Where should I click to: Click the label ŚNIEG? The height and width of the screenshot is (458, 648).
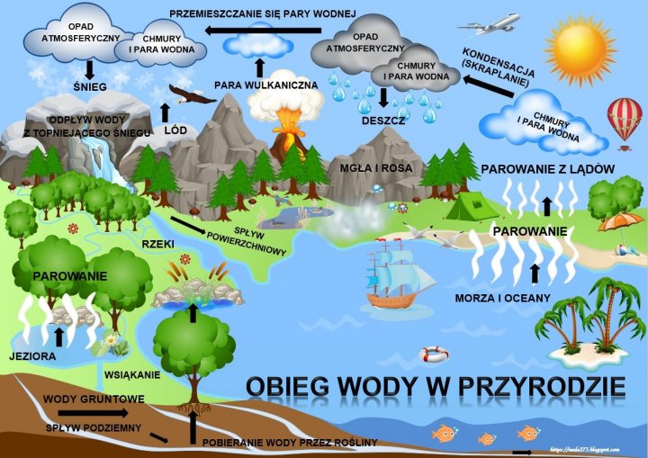click(x=91, y=86)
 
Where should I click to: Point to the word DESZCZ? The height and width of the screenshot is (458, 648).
click(x=382, y=120)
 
